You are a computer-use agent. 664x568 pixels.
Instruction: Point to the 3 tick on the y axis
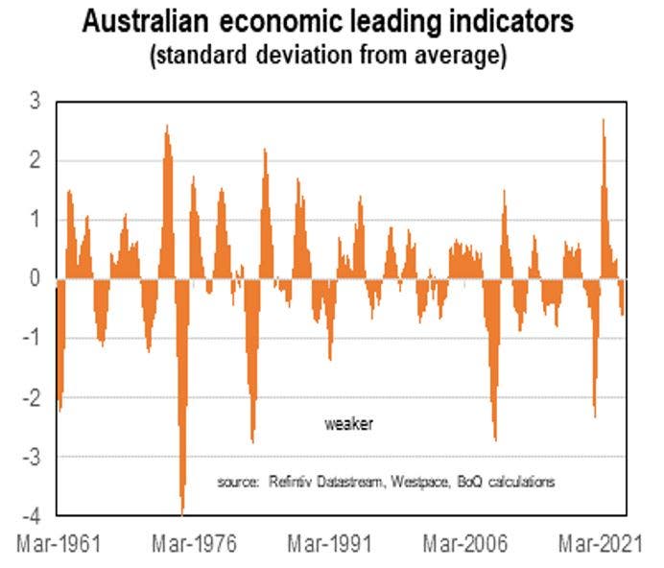pyautogui.click(x=35, y=100)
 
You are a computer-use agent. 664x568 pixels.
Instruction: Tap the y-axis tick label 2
pyautogui.click(x=35, y=159)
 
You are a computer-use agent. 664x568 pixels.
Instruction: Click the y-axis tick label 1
pyautogui.click(x=35, y=219)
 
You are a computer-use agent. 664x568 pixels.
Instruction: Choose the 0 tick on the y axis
pyautogui.click(x=35, y=278)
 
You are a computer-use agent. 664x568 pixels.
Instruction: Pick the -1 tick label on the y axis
pyautogui.click(x=31, y=338)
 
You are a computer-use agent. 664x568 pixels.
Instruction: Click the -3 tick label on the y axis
pyautogui.click(x=31, y=457)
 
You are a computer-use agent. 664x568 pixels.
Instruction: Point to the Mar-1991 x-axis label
pyautogui.click(x=330, y=543)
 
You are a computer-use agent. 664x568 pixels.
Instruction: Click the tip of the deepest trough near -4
pyautogui.click(x=182, y=514)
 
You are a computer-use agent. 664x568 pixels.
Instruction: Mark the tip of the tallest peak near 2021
pyautogui.click(x=603, y=119)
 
